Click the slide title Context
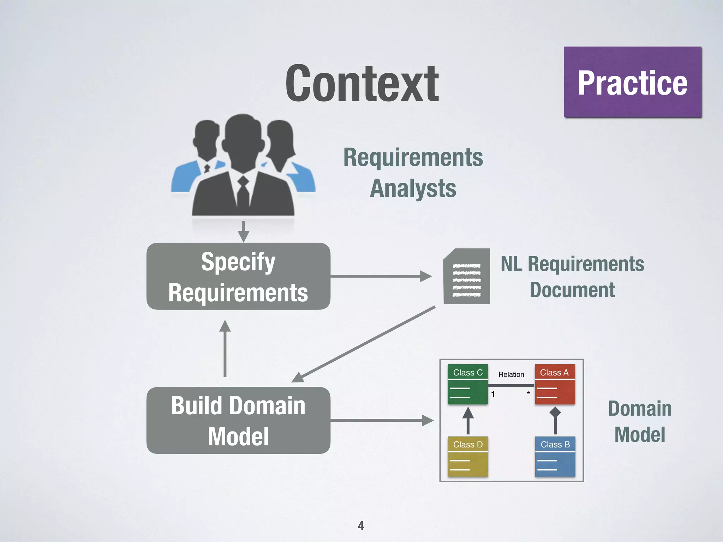tap(362, 84)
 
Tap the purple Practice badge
tap(632, 82)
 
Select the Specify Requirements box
tap(238, 276)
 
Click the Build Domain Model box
tap(238, 420)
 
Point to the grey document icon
tap(467, 276)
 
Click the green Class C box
tap(468, 384)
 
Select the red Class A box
tap(555, 384)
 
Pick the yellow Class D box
tap(468, 457)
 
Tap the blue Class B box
tap(555, 457)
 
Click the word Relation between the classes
tap(511, 374)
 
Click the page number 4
tap(361, 526)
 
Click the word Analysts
tap(413, 188)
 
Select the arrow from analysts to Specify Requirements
tap(244, 231)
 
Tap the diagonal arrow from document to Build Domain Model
tap(364, 344)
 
